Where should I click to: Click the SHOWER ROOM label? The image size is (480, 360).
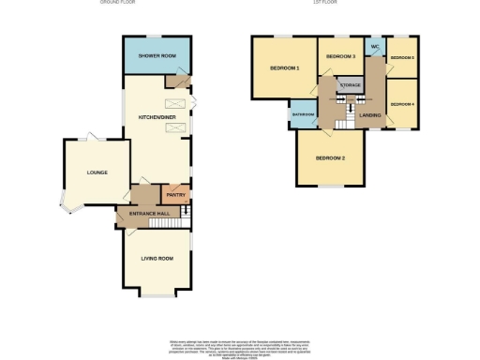tap(157, 56)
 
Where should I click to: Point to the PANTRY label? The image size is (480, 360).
tap(175, 197)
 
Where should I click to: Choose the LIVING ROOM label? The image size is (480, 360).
tap(157, 258)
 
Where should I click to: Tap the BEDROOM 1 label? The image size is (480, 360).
tap(284, 68)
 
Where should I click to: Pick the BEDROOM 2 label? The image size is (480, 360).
tap(331, 157)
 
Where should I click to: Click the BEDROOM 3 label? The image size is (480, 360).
tap(340, 57)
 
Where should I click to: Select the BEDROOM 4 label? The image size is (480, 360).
tap(402, 103)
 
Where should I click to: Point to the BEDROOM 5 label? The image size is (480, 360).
tap(402, 58)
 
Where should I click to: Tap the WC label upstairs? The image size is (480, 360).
tap(375, 46)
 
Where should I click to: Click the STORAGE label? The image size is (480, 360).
tap(350, 85)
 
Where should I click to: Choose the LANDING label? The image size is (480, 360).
tap(369, 115)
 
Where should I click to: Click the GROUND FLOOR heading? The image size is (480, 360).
tap(143, 3)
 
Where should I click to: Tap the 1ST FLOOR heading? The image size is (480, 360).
tap(325, 3)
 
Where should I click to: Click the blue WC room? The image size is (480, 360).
tap(375, 49)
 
